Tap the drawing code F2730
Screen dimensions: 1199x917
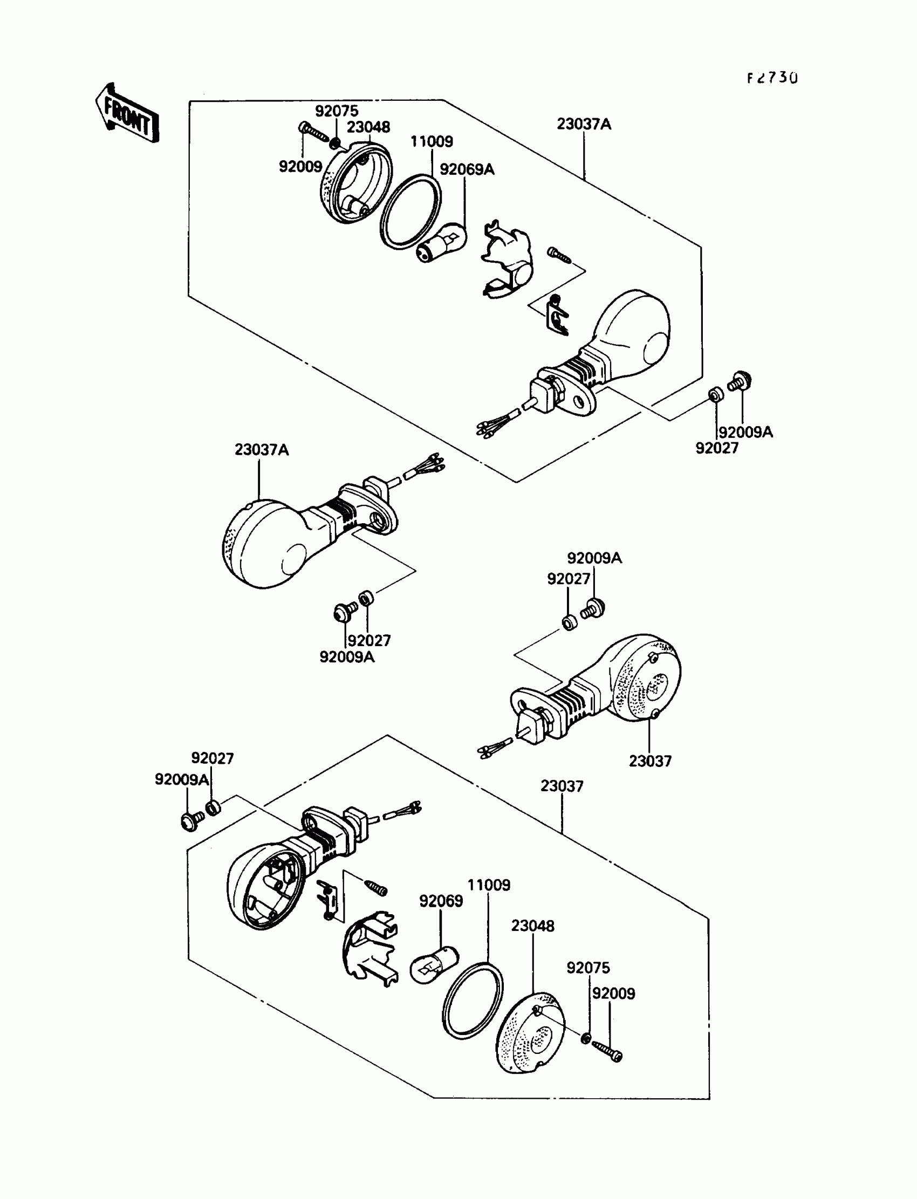[x=772, y=78]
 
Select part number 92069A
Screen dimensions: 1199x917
[x=467, y=170]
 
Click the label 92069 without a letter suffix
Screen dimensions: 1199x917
[x=441, y=901]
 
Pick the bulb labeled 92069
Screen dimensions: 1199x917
[x=434, y=968]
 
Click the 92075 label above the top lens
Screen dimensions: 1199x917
[x=336, y=111]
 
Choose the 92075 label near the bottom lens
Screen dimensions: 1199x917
[x=588, y=968]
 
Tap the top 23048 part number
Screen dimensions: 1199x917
[x=368, y=127]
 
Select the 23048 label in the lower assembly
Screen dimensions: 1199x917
[x=533, y=926]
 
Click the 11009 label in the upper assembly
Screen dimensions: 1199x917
[x=431, y=142]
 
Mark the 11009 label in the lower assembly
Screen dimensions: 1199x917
[x=489, y=885]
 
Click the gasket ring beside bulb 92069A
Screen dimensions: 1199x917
[x=410, y=213]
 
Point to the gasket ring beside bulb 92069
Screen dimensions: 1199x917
[x=473, y=1001]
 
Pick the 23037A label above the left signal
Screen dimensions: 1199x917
[x=262, y=450]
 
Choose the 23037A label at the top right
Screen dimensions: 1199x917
[x=584, y=125]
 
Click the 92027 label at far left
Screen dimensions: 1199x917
[x=212, y=758]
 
